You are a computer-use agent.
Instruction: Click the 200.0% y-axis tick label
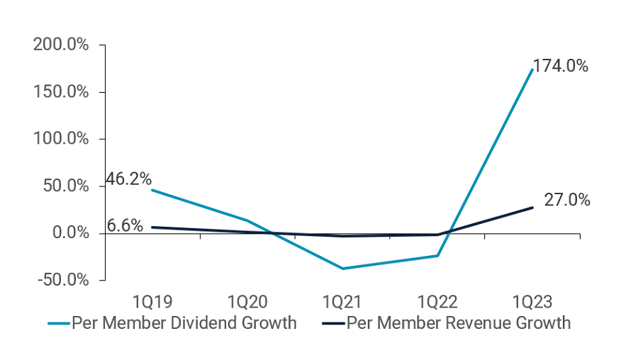[61, 45]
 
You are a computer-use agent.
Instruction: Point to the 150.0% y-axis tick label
[61, 92]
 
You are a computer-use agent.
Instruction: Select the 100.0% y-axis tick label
[61, 139]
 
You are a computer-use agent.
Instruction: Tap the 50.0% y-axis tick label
[65, 186]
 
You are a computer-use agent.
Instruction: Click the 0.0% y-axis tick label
[68, 233]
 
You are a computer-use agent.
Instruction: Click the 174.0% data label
[561, 67]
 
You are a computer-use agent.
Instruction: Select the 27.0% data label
[567, 200]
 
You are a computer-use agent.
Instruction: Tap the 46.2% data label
[128, 179]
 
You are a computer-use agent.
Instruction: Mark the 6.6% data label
[125, 226]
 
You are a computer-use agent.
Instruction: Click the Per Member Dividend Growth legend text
[184, 323]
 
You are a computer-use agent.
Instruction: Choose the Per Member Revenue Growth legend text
[458, 323]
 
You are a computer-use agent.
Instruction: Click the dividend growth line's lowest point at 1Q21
[342, 269]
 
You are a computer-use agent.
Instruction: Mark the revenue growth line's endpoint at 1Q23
[532, 208]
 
